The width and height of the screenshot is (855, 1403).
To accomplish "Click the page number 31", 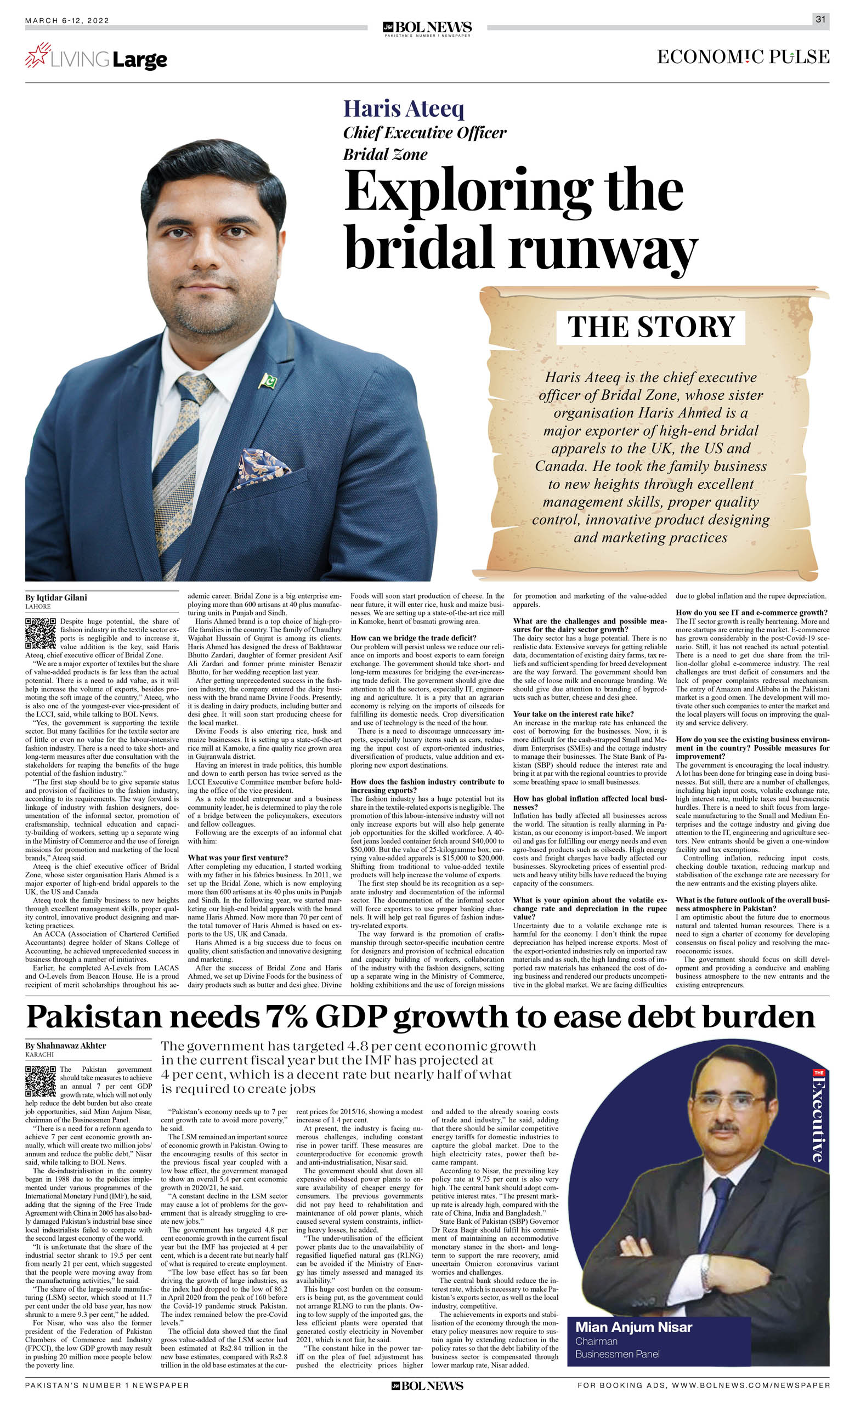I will coord(820,19).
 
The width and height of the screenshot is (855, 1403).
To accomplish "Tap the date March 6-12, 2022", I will coord(67,20).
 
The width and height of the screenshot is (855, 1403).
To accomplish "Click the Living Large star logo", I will coord(38,55).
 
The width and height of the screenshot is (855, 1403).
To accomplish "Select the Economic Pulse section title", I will coord(743,57).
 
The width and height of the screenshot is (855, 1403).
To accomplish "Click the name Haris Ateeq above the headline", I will coord(403,108).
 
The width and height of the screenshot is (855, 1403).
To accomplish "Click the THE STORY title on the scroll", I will coord(650,327).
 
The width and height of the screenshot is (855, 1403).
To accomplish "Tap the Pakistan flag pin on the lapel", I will coord(267,380).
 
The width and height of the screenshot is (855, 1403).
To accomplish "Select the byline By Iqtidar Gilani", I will coord(56,597).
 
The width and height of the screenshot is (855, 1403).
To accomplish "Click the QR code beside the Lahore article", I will coord(41,633).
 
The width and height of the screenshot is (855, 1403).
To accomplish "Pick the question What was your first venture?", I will coord(237,857).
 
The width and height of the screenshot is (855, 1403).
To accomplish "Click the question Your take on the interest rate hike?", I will coord(573,714).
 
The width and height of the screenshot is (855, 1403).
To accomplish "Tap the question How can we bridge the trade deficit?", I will coord(413,638).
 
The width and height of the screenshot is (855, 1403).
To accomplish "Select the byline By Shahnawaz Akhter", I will coord(65,1046).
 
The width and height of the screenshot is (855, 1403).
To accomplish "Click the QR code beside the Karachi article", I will coord(41,1081).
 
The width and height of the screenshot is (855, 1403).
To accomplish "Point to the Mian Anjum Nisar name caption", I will coord(633,1327).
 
